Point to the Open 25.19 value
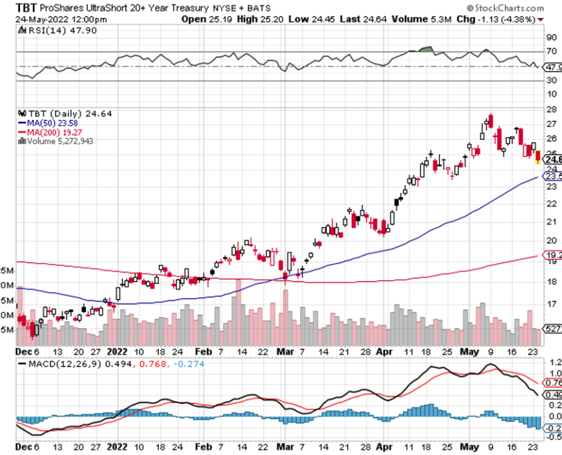tap(203, 19)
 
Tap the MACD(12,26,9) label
tap(61, 365)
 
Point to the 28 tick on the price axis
tap(551, 108)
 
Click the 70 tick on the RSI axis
tap(551, 51)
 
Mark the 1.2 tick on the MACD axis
tap(553, 363)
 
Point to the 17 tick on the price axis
tap(551, 304)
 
